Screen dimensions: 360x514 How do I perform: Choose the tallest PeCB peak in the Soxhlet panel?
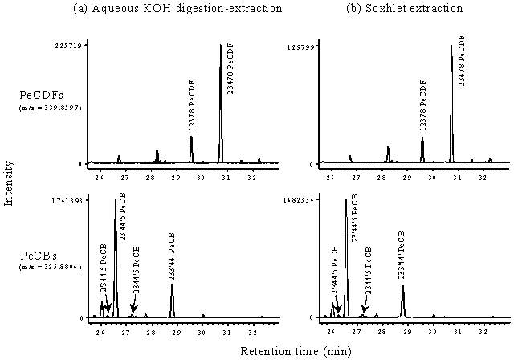[x=345, y=202]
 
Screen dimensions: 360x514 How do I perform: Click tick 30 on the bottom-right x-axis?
[x=433, y=329]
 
